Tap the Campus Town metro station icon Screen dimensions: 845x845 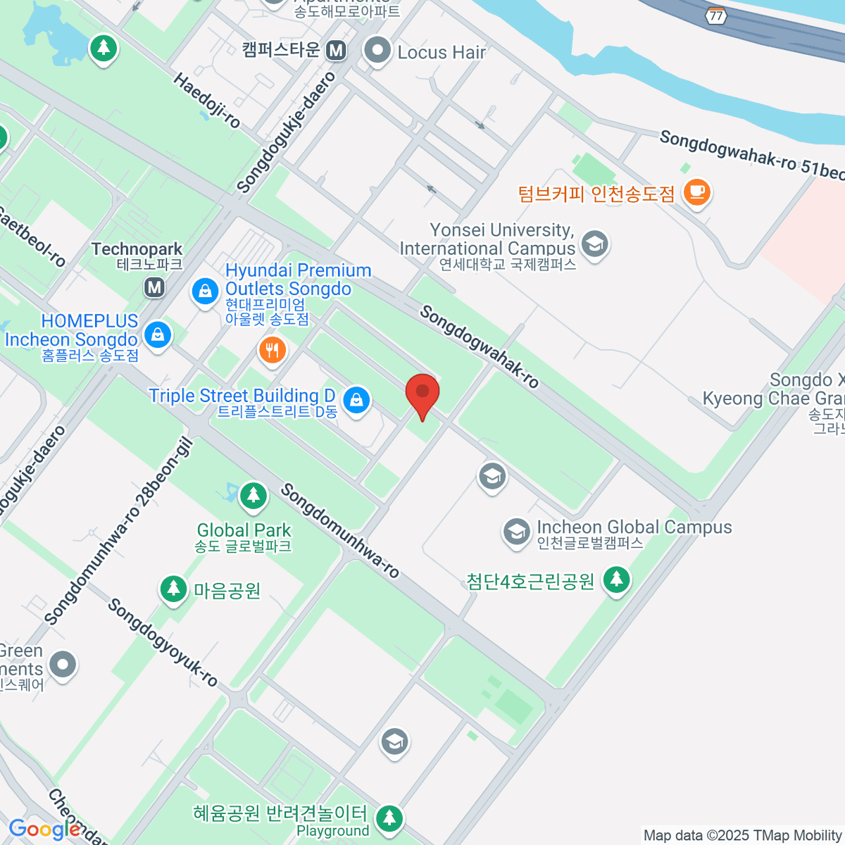coord(337,50)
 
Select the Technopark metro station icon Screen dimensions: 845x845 coord(154,287)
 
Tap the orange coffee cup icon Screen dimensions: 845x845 coord(696,192)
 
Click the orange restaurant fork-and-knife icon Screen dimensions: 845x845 coord(272,349)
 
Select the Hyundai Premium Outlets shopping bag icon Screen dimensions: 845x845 coord(205,290)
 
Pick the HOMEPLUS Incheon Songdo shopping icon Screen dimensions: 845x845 coord(158,334)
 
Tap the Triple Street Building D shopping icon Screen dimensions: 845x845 coord(356,399)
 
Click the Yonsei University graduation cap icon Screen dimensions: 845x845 coord(595,244)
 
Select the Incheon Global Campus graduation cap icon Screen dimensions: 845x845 coord(517,532)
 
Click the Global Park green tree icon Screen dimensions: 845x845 coord(253,496)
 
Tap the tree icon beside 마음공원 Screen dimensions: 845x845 coord(173,589)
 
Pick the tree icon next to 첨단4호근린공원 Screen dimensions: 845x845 coord(617,580)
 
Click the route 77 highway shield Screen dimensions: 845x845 coord(716,15)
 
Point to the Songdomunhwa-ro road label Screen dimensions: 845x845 coord(340,530)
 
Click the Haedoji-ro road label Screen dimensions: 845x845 coord(207,101)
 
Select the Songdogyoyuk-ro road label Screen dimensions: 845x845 coord(163,642)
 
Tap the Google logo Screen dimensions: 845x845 coord(44,830)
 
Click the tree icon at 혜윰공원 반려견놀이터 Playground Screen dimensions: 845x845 coord(389,818)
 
